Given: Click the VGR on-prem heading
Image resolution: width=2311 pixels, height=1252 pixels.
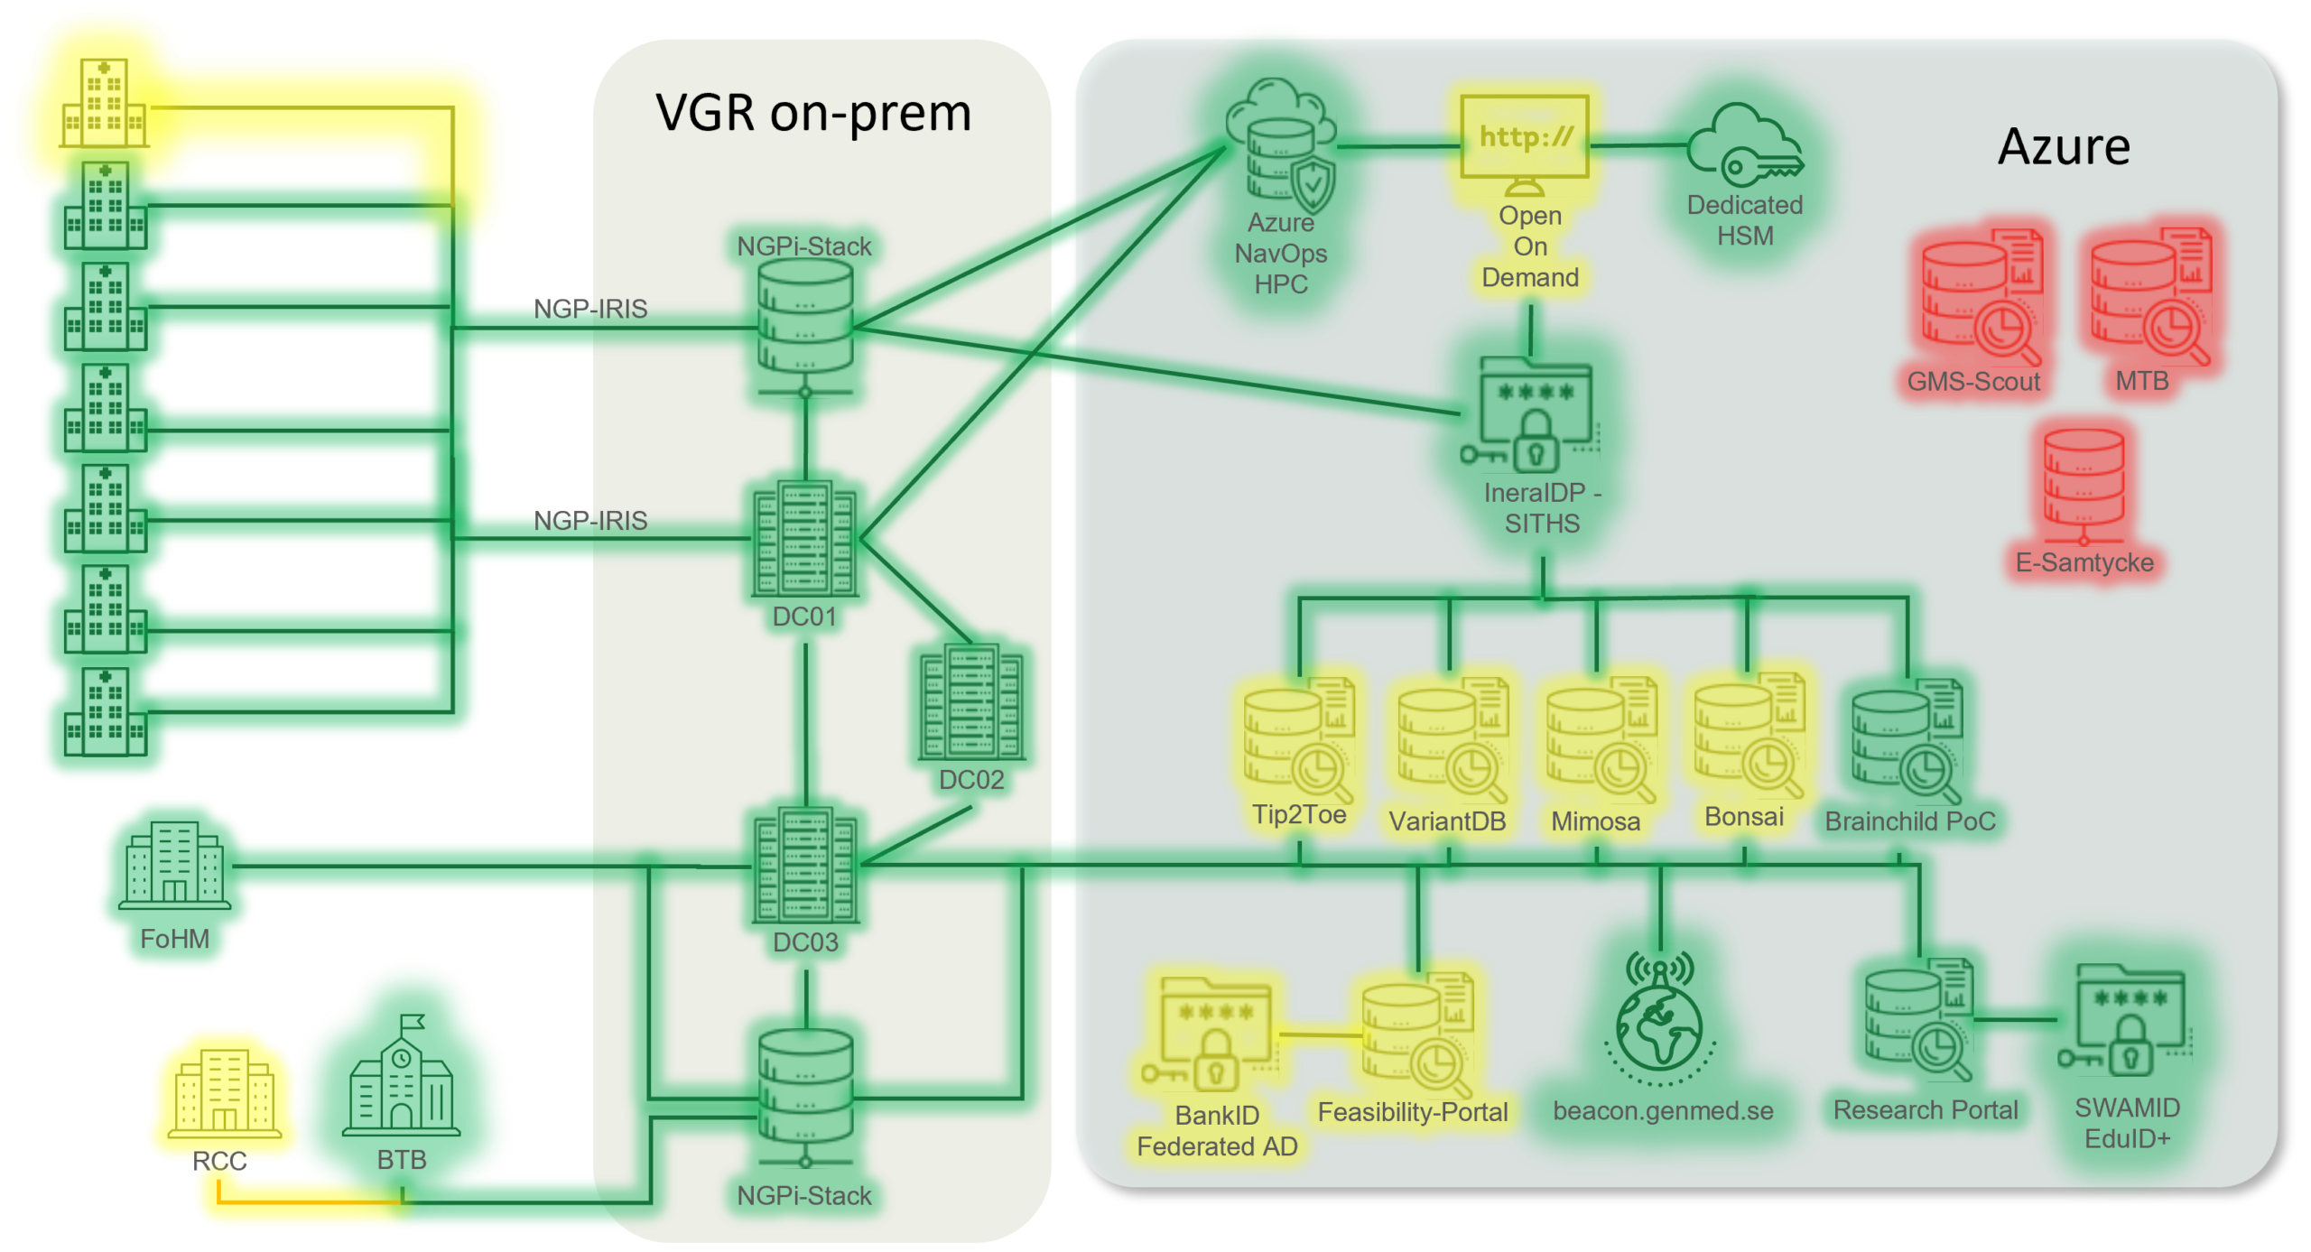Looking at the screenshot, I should (x=813, y=114).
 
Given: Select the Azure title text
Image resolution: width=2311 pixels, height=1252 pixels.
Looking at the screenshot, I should (x=2064, y=147).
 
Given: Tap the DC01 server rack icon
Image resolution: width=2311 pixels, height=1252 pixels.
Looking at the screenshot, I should (x=804, y=539).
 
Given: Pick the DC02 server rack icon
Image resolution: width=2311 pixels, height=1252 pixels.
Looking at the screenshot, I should (x=971, y=702).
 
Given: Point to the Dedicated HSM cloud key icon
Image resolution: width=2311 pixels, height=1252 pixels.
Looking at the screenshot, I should (x=1744, y=144).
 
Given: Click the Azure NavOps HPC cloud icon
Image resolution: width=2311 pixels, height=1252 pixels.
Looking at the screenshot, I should (x=1280, y=144).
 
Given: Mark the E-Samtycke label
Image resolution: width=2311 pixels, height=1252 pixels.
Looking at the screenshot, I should (x=2084, y=563).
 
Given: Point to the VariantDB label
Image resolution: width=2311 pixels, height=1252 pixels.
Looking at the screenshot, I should (x=1447, y=821).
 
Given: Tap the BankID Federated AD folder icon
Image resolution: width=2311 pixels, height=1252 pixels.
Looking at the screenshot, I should (x=1214, y=1034).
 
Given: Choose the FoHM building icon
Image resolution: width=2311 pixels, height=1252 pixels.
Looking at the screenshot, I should (x=174, y=862).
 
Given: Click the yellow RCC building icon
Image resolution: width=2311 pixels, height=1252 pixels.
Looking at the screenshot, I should (x=223, y=1092).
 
